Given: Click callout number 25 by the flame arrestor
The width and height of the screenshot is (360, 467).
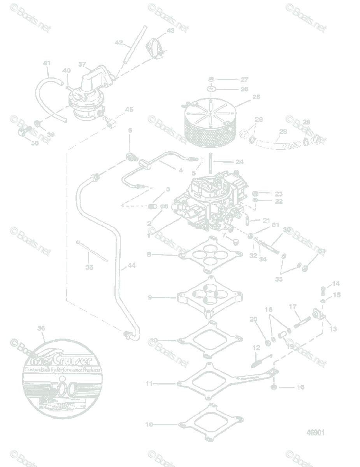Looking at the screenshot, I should coord(256,97).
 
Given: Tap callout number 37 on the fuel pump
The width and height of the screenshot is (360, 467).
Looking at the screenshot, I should coord(82,65).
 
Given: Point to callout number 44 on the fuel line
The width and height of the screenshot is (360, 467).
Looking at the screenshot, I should coord(132,266).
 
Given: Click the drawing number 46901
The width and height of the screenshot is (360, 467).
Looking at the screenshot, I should coord(315,432).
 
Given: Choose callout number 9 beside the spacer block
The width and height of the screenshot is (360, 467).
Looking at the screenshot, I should coord(149,298).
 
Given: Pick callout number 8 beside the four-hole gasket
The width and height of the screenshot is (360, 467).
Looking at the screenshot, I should coord(149,255).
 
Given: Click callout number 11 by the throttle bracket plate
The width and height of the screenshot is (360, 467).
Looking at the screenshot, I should coord(149,383).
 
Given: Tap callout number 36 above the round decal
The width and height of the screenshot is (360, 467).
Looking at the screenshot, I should coord(41,328).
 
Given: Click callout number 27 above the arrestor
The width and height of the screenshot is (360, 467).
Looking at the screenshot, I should coord(244,79).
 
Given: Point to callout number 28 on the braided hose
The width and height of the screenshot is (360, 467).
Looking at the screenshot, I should coord(283,132).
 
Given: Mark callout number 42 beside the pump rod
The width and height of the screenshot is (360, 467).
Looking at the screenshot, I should coord(118,42).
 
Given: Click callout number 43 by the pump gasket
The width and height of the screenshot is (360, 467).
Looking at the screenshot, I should coord(171,30).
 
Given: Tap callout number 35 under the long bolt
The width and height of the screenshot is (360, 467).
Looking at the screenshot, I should coord(90,267).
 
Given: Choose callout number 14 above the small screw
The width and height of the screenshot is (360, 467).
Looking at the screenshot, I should coord(335,284).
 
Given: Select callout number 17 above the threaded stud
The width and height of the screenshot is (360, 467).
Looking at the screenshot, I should coord(293,307).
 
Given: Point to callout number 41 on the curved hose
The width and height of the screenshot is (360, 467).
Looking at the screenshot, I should coord(47,63).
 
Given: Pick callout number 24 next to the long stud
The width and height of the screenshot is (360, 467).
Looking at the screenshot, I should coord(239,162).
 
